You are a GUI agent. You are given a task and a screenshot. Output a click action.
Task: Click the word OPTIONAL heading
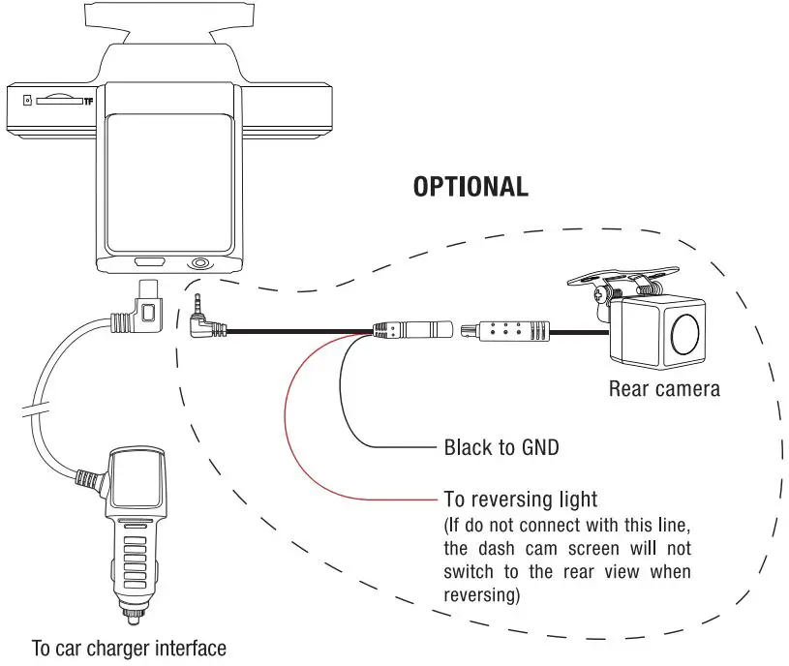pos(470,187)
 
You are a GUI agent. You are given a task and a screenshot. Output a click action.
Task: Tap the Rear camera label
pos(664,389)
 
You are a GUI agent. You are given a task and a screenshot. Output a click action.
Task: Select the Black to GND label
pos(501,447)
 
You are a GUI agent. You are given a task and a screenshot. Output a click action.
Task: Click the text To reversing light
pos(520,499)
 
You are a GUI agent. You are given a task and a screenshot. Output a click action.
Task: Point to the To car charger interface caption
pos(129,648)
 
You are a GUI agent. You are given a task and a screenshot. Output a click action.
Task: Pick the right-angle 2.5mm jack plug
pos(205,323)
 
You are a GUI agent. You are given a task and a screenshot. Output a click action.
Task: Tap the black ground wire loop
pos(349,407)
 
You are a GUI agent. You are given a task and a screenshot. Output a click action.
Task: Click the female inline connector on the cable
pos(414,330)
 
